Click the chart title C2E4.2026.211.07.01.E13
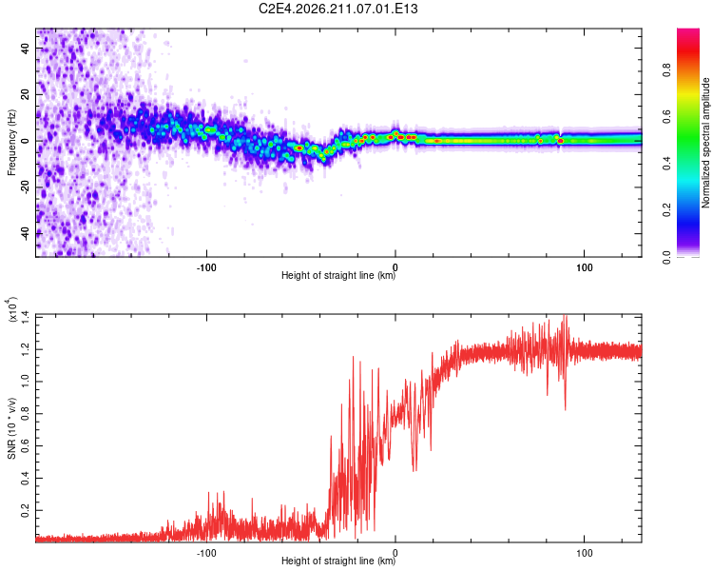(x=337, y=9)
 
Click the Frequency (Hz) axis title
(x=11, y=142)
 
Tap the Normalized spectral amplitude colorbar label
(x=705, y=143)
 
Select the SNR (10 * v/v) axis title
(x=11, y=428)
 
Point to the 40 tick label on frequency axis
(x=26, y=48)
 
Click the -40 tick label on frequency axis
(x=26, y=234)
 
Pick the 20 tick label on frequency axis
(x=26, y=94)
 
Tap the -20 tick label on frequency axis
(x=26, y=187)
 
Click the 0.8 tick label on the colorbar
(x=666, y=70)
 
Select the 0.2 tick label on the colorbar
(x=666, y=210)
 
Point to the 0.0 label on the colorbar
(x=666, y=257)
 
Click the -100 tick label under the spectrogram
(x=206, y=267)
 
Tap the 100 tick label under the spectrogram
(x=585, y=267)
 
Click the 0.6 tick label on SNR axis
(x=26, y=445)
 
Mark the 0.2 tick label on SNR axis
(x=26, y=510)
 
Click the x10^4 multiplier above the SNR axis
(x=12, y=309)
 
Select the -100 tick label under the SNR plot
(x=206, y=553)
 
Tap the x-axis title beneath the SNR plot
(x=338, y=561)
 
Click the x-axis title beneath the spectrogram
(x=338, y=275)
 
